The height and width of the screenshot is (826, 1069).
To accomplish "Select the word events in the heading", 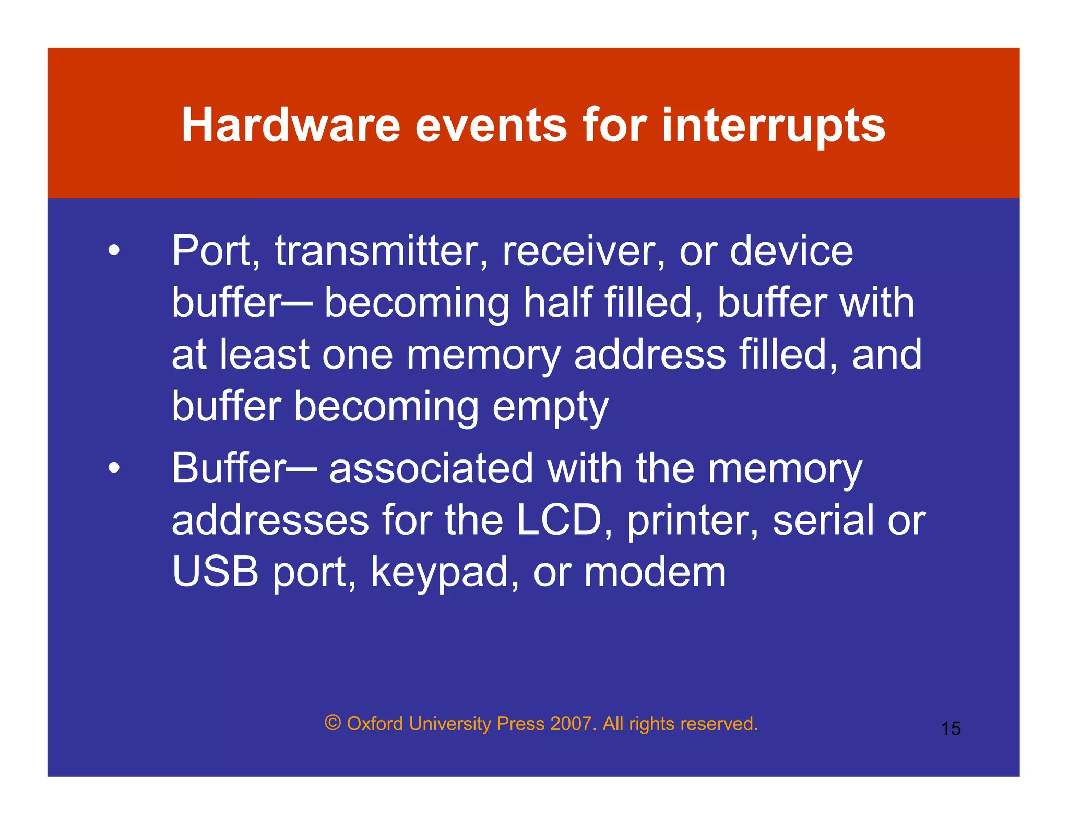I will pyautogui.click(x=491, y=125).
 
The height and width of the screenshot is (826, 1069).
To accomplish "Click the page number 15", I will pyautogui.click(x=951, y=728).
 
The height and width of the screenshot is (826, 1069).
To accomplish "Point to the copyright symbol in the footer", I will pyautogui.click(x=332, y=723).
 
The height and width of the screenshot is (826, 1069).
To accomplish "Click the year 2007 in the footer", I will pyautogui.click(x=571, y=724).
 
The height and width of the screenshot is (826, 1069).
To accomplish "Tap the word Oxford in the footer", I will pyautogui.click(x=375, y=724).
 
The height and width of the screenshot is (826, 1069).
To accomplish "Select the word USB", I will pyautogui.click(x=215, y=572).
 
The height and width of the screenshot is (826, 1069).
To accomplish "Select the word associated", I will pyautogui.click(x=431, y=468).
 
